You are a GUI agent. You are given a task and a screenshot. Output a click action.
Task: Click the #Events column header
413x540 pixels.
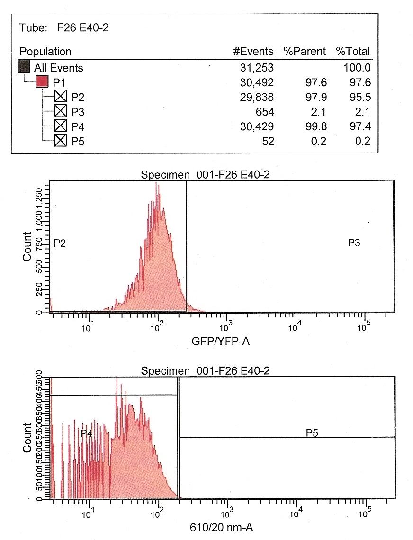coord(253,51)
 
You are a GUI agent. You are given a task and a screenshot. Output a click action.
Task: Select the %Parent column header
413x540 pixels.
coord(305,51)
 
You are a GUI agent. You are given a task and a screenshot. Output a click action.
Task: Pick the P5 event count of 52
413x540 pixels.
coord(269,141)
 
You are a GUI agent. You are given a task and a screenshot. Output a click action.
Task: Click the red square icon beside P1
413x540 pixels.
coord(43,82)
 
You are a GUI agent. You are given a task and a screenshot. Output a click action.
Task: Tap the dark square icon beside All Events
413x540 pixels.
coord(24,68)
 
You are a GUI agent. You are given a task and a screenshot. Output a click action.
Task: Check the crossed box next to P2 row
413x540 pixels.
coord(61,97)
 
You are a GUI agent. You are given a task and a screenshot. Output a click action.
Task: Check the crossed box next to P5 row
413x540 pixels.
coord(61,141)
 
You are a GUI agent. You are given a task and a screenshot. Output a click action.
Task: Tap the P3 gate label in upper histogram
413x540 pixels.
coord(355,243)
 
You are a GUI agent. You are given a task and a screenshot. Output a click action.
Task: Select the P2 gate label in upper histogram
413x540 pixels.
coord(60,243)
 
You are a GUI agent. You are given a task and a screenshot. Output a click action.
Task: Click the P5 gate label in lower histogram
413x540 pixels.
coord(312,432)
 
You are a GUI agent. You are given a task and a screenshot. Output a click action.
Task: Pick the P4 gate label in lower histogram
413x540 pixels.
coord(86,432)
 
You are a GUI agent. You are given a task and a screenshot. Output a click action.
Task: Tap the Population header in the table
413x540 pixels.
coord(45,51)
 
